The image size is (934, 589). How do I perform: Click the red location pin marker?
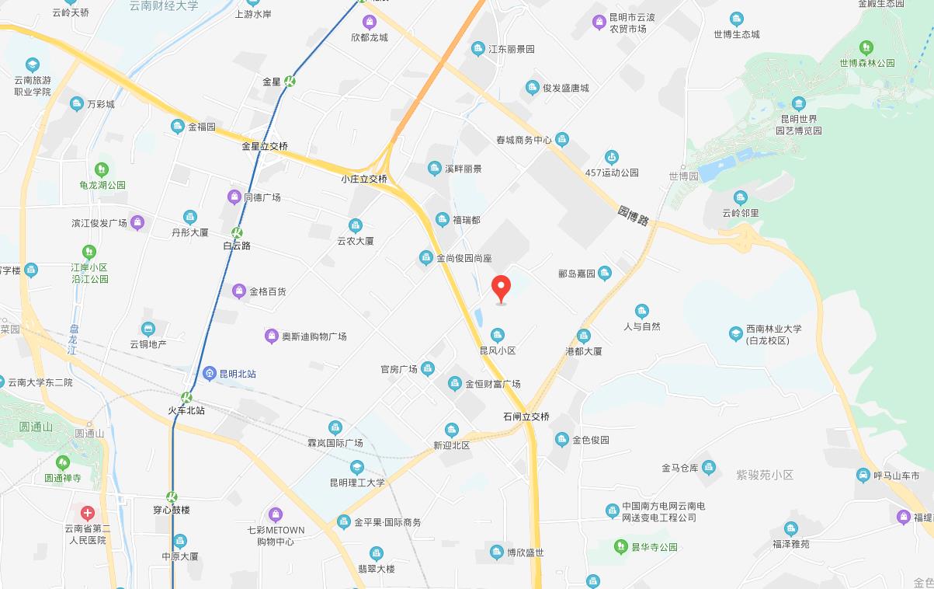pos(502,288)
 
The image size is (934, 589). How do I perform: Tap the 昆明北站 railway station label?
pos(238,374)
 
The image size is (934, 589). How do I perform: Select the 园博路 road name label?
pos(634,215)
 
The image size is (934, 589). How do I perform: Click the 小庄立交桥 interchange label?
pos(363,179)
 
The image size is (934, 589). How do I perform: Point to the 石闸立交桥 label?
pos(526,416)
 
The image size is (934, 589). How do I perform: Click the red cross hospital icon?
pos(88,513)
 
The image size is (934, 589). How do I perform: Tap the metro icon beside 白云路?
pos(237,232)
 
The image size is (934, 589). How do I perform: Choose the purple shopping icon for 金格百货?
pos(239,291)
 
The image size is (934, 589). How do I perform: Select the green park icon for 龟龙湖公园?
pos(101,169)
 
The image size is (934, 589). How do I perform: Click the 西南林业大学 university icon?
pos(735,333)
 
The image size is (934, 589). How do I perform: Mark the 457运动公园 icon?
pos(612,158)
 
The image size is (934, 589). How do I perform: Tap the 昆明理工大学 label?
pos(357,483)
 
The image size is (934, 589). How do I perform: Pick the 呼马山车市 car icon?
pos(863,475)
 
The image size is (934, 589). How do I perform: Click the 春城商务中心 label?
pos(523,140)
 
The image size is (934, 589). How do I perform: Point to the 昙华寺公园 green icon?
pos(620,547)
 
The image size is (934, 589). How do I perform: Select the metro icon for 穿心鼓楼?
pos(172,497)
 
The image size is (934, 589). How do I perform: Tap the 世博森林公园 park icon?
pos(866,48)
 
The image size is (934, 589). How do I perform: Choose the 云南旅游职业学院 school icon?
pos(33,64)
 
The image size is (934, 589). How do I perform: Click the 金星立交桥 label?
pos(264,146)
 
